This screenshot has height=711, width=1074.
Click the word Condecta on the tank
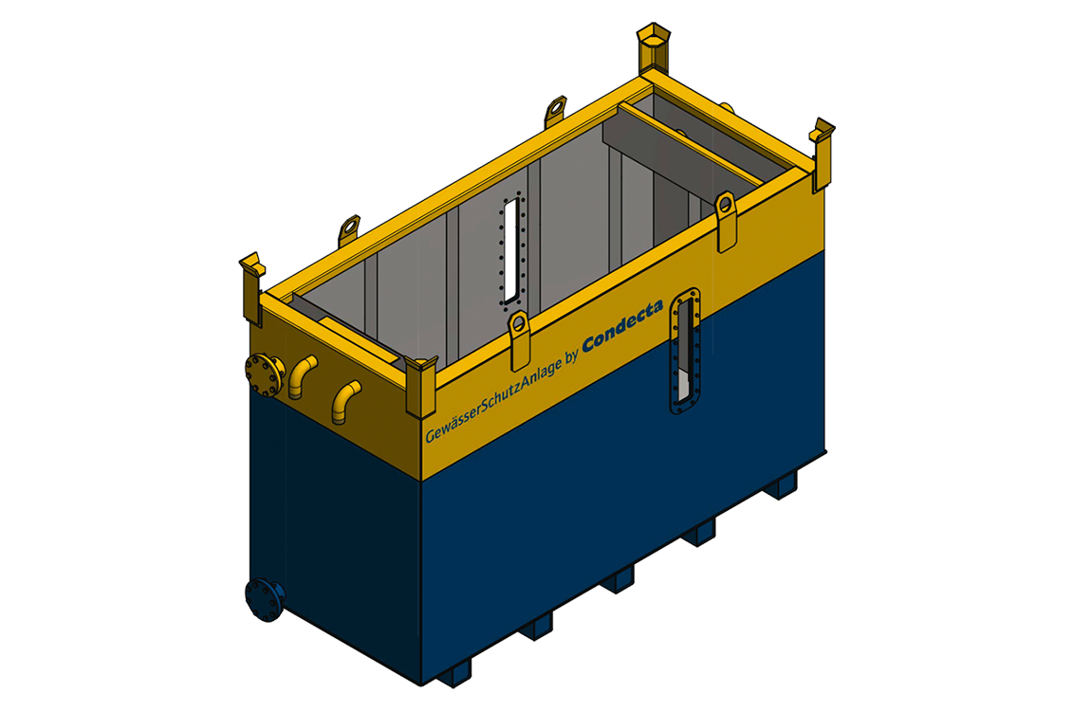622,326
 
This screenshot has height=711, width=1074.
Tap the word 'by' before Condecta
572,353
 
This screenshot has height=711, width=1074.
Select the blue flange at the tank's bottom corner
265,600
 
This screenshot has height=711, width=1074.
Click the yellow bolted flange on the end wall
264,374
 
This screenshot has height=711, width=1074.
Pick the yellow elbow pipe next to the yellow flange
302,375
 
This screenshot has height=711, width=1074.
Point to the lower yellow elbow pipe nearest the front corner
346,402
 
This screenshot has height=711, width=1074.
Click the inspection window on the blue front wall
685,352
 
